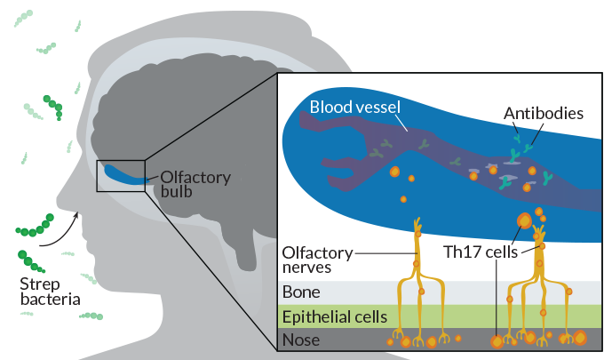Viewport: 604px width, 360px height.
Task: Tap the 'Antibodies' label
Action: tap(543, 114)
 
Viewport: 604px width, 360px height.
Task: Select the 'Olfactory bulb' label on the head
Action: tap(195, 184)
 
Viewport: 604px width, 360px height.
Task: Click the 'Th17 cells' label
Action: tap(479, 252)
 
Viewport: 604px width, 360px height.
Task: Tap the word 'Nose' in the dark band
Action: tap(300, 340)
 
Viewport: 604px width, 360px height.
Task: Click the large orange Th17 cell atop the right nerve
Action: tap(525, 220)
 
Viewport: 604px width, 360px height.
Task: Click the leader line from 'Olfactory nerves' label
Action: tap(385, 253)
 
